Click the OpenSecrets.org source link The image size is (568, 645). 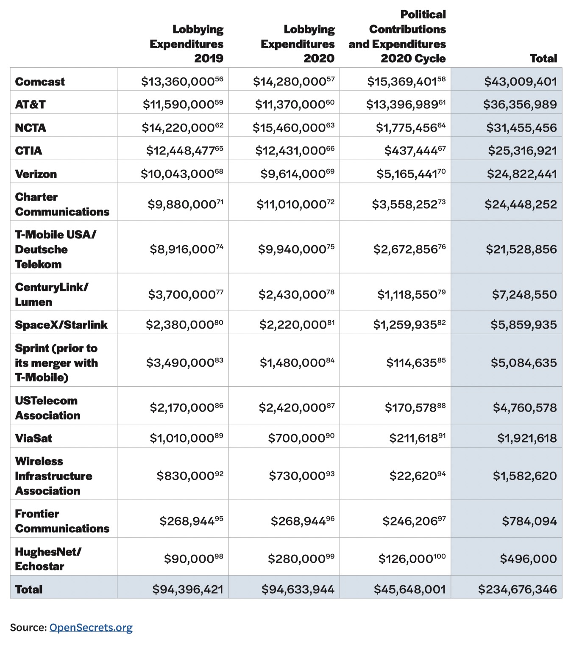[x=91, y=627]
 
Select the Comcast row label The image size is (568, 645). [x=40, y=82]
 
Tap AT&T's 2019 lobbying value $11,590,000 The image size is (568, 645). [x=178, y=105]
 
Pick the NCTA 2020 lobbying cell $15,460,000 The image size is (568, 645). [x=289, y=127]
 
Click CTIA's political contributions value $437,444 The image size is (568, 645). [x=411, y=151]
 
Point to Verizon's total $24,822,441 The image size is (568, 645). [x=522, y=174]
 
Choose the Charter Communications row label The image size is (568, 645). [x=62, y=204]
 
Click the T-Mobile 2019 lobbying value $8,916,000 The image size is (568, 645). [x=182, y=249]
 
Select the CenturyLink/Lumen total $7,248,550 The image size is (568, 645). [x=524, y=294]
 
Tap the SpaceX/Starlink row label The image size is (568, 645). [x=61, y=325]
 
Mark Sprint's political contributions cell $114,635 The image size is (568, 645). [x=411, y=363]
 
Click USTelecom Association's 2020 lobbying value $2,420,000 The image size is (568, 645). [x=292, y=407]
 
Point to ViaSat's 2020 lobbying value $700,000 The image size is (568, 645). [x=297, y=438]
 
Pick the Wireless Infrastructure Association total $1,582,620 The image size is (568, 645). [x=525, y=476]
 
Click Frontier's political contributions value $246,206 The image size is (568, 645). [x=409, y=521]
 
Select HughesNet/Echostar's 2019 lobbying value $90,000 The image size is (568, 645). [x=189, y=559]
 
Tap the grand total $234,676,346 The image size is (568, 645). [x=517, y=589]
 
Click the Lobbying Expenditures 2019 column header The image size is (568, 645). [x=187, y=44]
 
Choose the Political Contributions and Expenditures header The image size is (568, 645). [x=397, y=36]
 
